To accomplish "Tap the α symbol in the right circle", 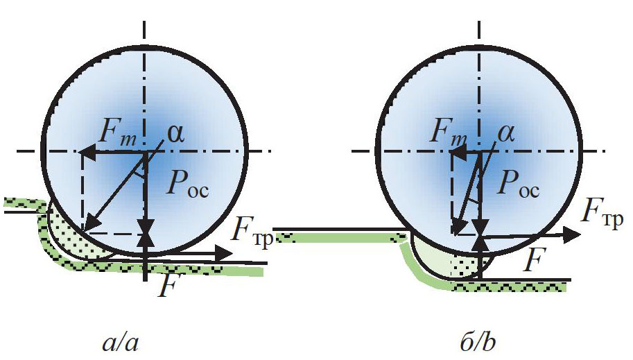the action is (506, 134).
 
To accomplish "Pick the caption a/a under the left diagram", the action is (121, 343).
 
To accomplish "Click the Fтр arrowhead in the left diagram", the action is (223, 253).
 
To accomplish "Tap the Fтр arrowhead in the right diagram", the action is (572, 234).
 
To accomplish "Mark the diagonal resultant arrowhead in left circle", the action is (89, 224).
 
